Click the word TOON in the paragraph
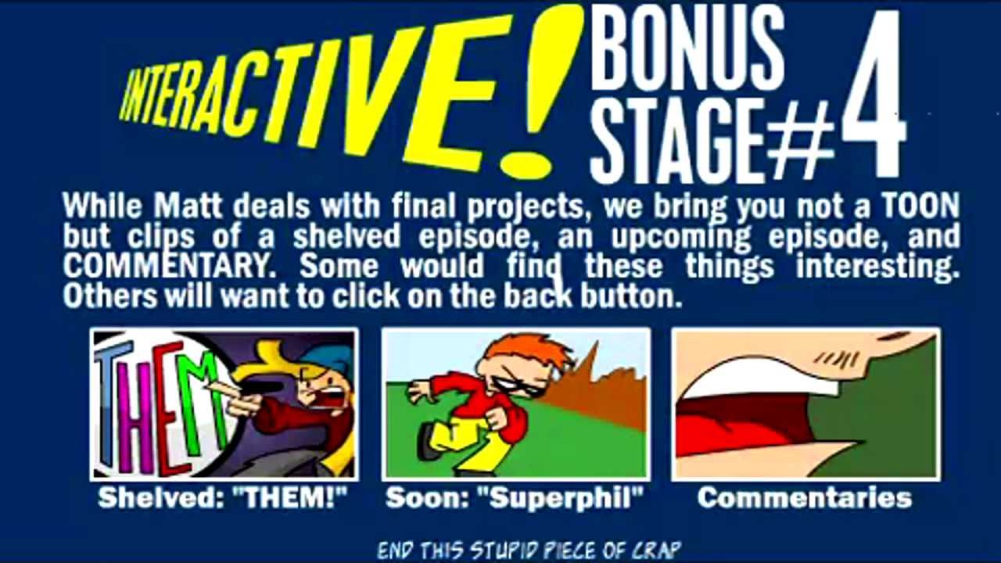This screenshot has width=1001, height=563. click(920, 206)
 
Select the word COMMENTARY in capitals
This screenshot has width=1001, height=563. click(164, 267)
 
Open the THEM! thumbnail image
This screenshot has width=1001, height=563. click(224, 403)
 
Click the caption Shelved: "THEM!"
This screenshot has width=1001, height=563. click(223, 498)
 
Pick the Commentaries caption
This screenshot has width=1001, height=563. click(805, 498)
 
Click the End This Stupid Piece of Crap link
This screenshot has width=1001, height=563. click(529, 549)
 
